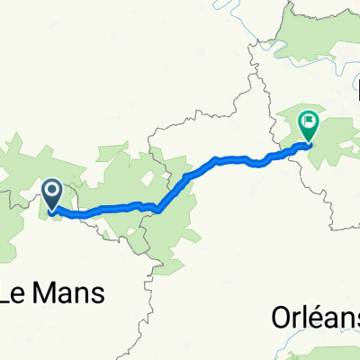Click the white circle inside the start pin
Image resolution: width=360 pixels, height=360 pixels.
[52, 190]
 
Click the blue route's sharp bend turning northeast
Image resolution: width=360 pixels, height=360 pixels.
[158, 211]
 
